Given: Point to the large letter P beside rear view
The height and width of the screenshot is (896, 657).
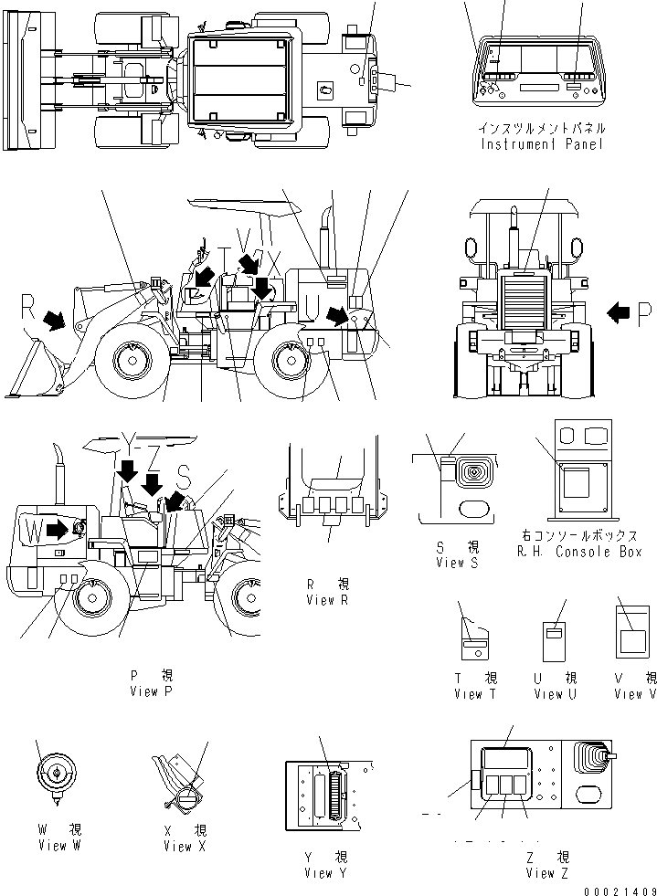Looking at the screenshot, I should point(644,315).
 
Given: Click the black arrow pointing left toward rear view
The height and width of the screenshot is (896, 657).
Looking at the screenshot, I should point(619,314).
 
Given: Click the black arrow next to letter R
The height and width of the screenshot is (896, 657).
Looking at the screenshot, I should point(54,319).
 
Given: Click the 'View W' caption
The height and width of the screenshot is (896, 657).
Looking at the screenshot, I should point(58,846).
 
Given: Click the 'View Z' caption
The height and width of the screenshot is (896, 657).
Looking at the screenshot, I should point(547,873).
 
